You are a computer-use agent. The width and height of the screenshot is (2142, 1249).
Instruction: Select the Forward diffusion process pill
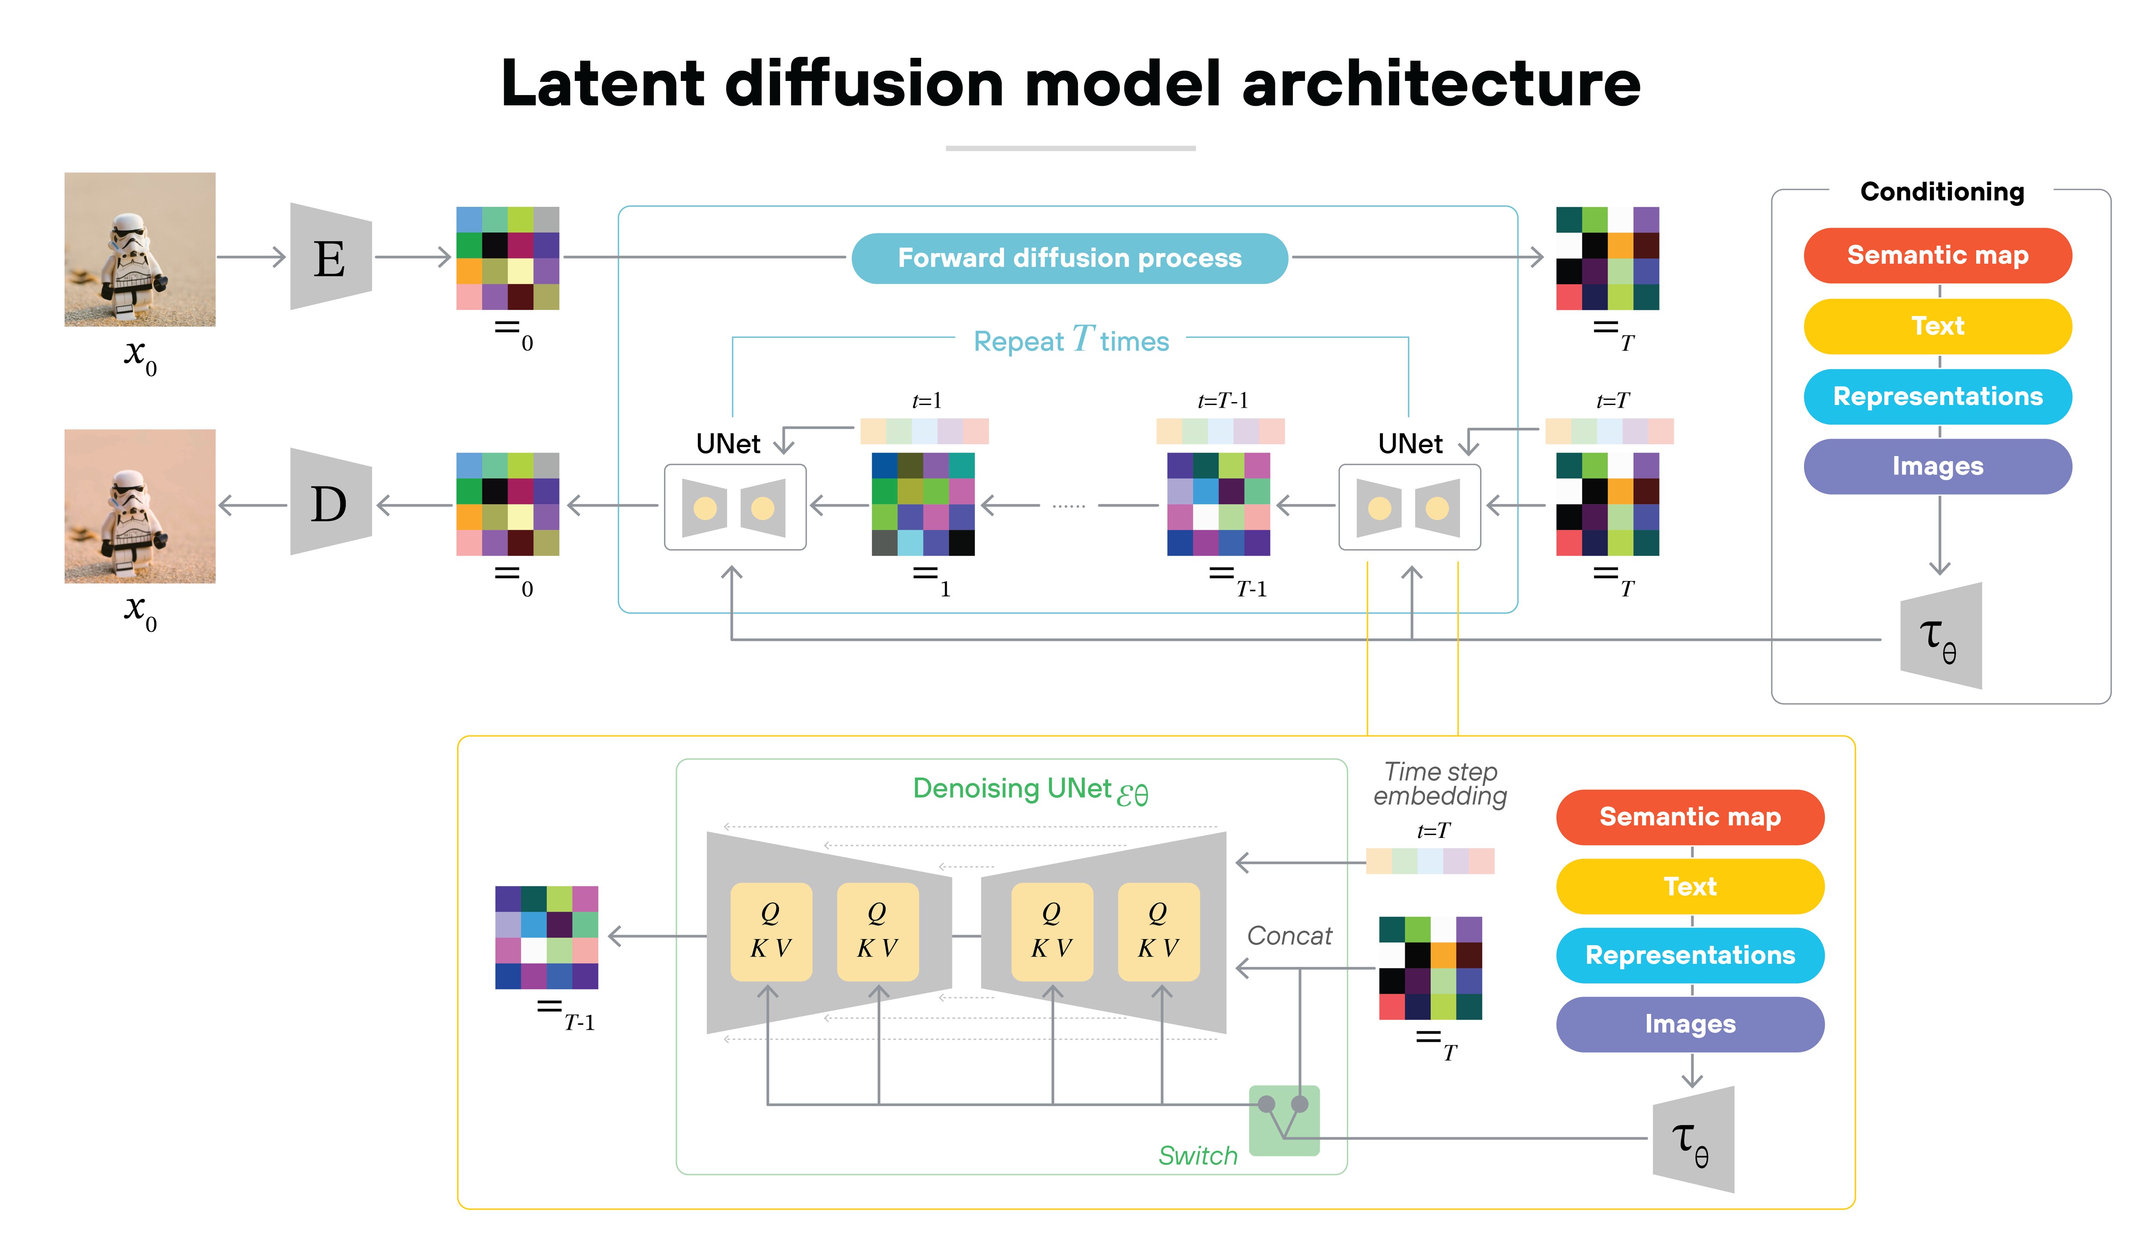point(1069,257)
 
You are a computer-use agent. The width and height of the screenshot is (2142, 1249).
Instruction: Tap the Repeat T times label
point(1071,340)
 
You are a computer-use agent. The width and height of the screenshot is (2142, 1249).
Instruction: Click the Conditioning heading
point(1942,191)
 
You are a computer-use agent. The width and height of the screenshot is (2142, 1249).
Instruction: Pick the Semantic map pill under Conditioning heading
point(1937,255)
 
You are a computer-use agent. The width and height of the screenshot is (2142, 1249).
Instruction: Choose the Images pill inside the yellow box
point(1690,1024)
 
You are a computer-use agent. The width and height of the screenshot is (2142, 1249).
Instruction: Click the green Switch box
point(1283,1120)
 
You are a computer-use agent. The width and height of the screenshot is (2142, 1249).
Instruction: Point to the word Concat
point(1289,936)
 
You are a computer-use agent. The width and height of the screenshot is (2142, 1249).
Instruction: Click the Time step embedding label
point(1440,784)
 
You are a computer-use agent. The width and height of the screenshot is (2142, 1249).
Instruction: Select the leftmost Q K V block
point(771,931)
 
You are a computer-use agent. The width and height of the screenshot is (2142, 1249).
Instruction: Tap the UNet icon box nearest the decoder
point(734,507)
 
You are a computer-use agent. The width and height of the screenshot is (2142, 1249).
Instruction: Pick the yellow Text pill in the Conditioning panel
point(1937,326)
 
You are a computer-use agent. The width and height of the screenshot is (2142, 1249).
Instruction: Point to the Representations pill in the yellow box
point(1690,955)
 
